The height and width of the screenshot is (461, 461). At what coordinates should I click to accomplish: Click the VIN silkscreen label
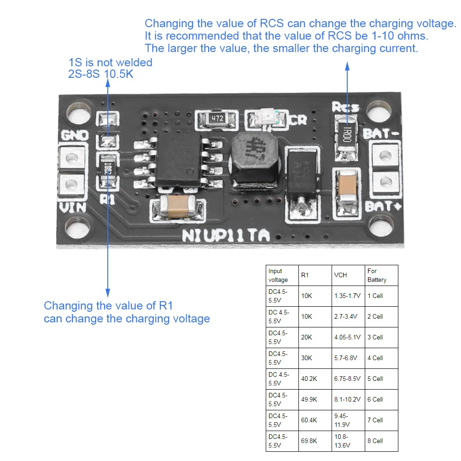73,207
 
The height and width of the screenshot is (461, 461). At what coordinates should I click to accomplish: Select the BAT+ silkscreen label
383,206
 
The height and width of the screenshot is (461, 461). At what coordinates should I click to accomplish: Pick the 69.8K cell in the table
309,441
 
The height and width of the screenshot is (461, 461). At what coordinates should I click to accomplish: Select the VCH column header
340,275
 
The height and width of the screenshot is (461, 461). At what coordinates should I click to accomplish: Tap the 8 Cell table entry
375,441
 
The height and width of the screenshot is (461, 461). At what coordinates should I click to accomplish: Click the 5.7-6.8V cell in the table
347,358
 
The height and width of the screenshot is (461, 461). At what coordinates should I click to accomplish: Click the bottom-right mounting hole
383,229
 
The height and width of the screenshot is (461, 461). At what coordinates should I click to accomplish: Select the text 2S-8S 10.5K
101,73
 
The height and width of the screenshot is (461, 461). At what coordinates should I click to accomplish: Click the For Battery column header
377,275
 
